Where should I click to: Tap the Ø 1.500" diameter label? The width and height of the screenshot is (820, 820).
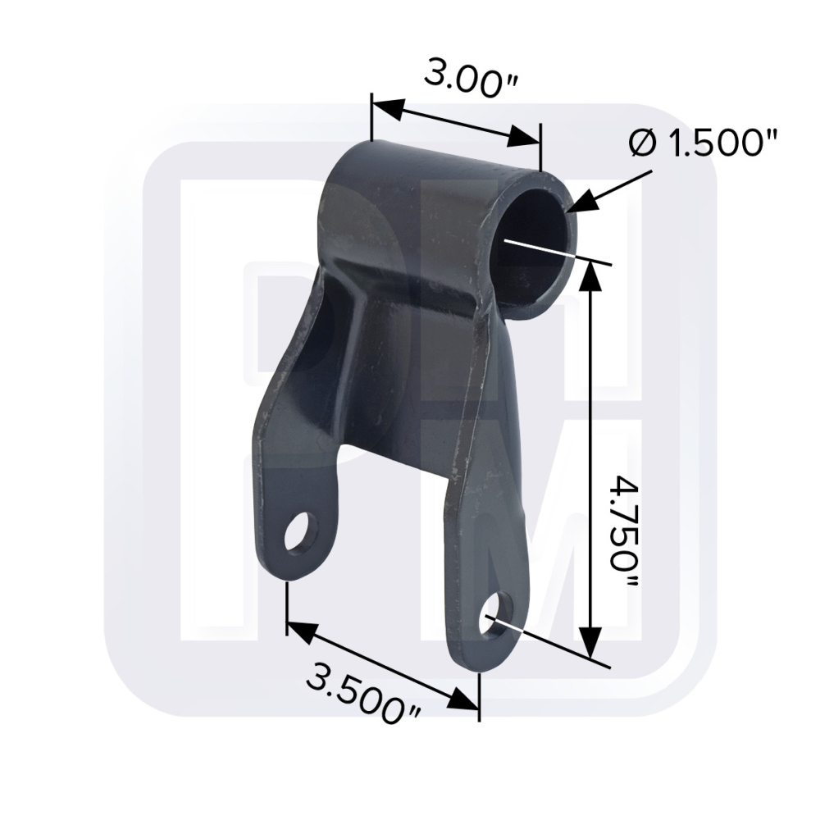click(x=704, y=143)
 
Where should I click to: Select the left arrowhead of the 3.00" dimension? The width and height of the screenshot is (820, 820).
click(x=388, y=107)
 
